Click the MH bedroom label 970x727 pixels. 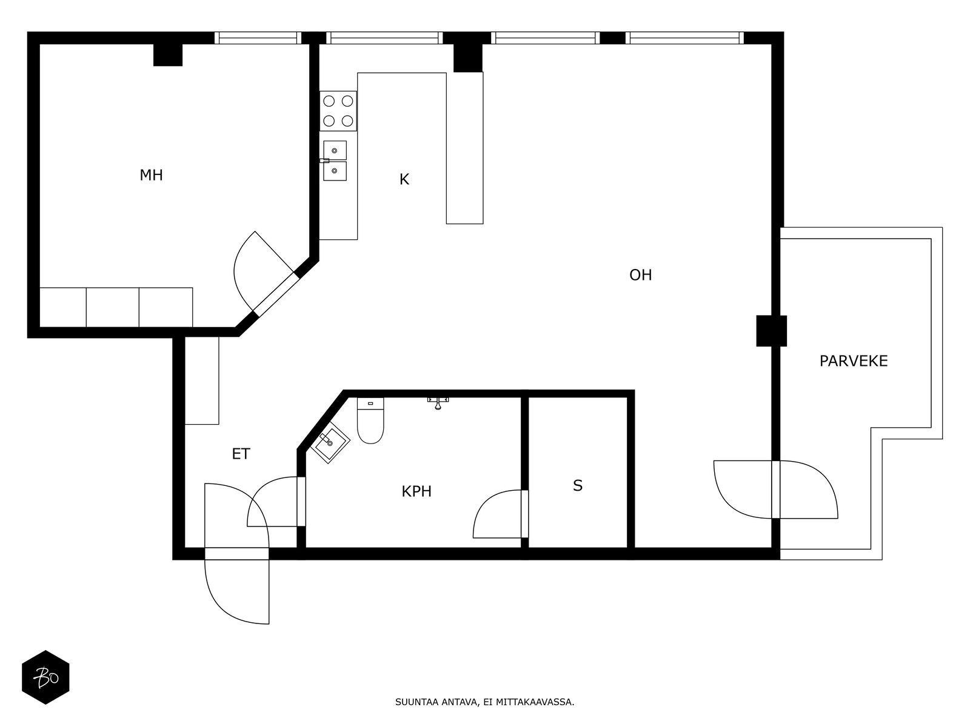151,175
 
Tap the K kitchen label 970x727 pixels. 404,180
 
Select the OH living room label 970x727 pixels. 640,275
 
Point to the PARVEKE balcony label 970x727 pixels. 854,361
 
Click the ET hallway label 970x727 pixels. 241,454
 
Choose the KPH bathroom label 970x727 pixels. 416,491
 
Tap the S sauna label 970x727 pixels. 578,485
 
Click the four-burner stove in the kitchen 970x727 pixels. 338,111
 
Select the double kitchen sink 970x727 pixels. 335,161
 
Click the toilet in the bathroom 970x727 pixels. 370,420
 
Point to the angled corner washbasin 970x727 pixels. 330,442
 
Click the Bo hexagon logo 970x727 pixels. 45,677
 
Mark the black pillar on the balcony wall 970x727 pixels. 772,331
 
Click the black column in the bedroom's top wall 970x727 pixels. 168,55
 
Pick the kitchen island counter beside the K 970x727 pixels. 464,148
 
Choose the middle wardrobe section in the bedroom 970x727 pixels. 113,307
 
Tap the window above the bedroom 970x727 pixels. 258,38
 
